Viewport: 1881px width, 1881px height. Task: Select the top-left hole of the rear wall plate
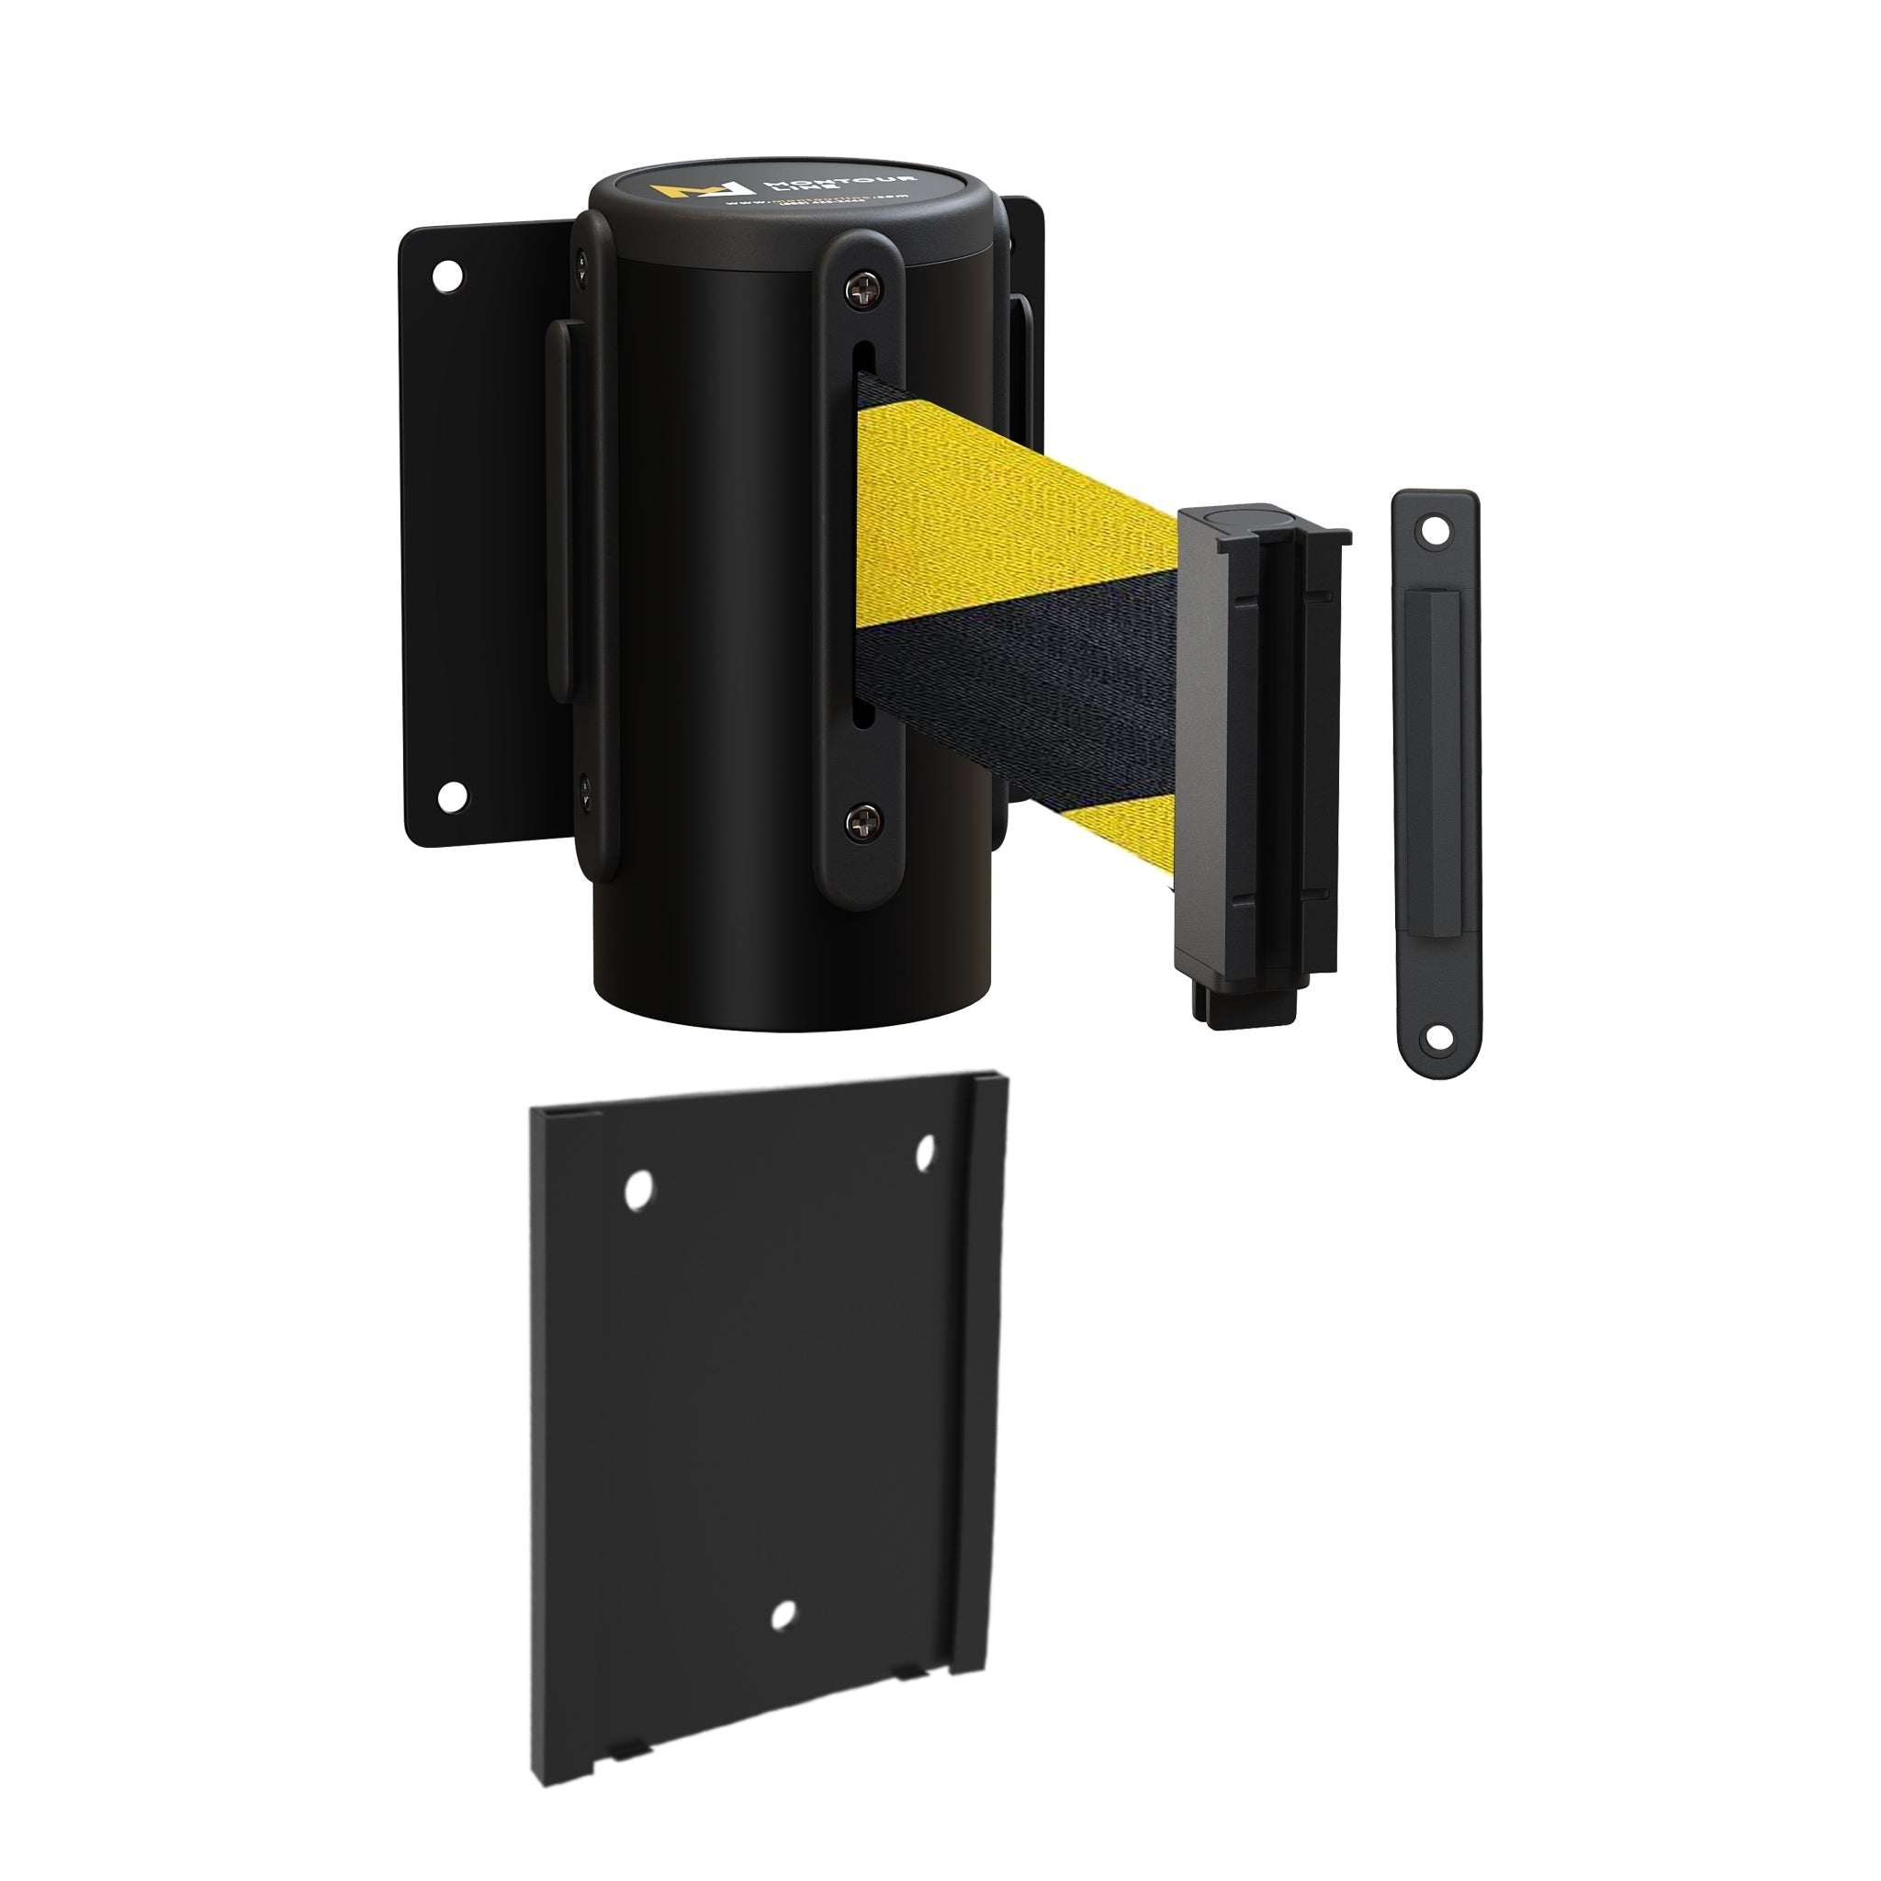448,275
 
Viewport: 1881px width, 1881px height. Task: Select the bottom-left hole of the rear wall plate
451,796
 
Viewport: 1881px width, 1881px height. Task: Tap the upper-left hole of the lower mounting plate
638,1189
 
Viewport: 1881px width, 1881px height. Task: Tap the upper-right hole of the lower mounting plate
926,1152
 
